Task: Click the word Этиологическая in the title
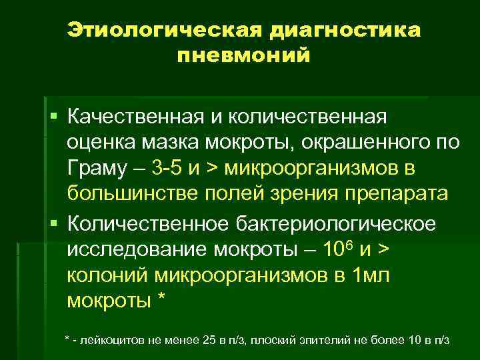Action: [x=164, y=31]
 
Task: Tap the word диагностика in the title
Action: [x=346, y=31]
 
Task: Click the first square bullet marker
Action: [x=54, y=117]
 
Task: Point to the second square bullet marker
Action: [x=54, y=222]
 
